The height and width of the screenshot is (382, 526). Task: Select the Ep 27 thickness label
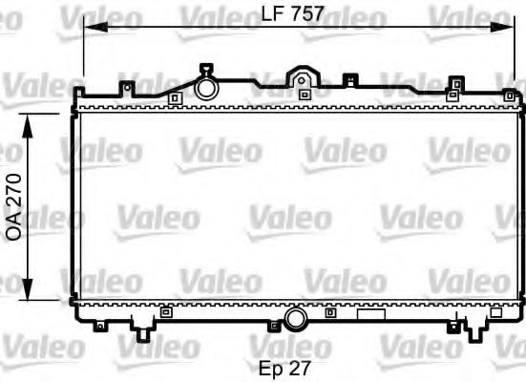click(x=285, y=367)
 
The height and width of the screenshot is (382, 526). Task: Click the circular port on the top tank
click(x=206, y=88)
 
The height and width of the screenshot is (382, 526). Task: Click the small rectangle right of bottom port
click(x=369, y=312)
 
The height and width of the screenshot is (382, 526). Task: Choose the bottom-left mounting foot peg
click(x=142, y=332)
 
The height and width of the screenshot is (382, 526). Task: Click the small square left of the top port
click(x=174, y=96)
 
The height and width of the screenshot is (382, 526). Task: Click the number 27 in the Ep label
click(x=300, y=367)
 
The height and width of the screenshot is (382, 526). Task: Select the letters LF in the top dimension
click(x=272, y=13)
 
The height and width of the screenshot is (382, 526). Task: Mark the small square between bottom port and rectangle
click(x=330, y=312)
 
